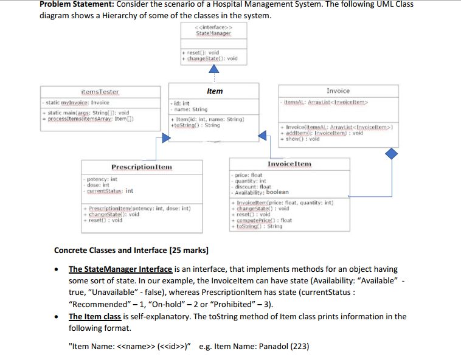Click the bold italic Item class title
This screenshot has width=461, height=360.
215,91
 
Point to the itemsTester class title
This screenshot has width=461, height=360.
100,91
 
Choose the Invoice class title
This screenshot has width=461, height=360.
338,90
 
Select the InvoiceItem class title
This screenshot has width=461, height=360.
289,164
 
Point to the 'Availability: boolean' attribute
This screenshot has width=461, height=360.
262,192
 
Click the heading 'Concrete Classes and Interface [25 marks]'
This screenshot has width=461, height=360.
131,250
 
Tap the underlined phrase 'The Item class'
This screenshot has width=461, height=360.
95,316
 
